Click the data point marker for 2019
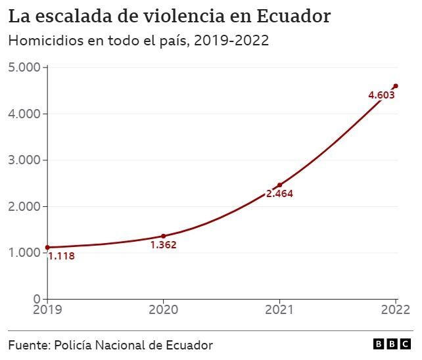coord(47,248)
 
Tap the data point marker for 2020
coord(163,236)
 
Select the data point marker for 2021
coord(279,185)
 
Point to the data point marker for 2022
coord(396,85)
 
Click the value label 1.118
coord(61,256)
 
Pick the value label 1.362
coord(164,245)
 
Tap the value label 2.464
coord(279,194)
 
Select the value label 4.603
coord(381,95)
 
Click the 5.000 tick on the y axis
coord(24,68)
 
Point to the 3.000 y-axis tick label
coord(24,160)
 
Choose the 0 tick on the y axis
coord(36,299)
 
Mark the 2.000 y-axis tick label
coord(24,206)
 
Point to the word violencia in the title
coord(182,14)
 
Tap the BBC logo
coord(392,345)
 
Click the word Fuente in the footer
coord(28,345)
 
